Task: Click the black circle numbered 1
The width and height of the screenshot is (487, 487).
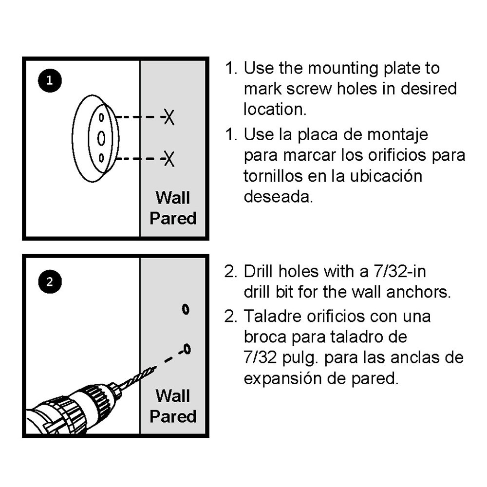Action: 49,81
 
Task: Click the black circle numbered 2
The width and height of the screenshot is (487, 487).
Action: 49,281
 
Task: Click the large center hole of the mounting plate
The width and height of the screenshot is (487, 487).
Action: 101,138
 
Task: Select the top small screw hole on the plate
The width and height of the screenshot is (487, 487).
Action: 101,117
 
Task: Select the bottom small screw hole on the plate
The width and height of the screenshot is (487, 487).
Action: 101,158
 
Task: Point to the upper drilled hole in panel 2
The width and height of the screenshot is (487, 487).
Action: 186,309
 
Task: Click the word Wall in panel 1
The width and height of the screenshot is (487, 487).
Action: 173,198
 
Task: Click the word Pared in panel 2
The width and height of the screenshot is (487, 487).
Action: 173,416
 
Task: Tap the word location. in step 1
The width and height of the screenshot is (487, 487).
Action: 275,109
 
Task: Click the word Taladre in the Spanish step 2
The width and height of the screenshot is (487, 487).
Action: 273,316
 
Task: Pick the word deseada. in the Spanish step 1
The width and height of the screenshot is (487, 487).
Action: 278,197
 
